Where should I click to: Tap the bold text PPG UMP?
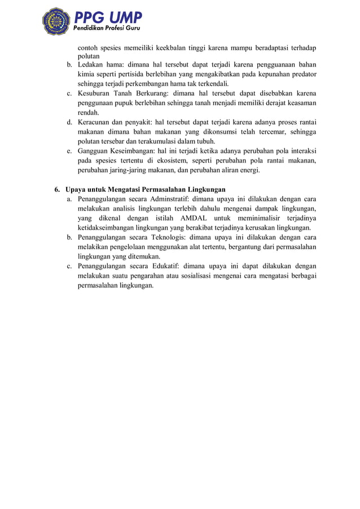click(108, 16)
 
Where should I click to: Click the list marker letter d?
click(68, 122)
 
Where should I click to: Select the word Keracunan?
click(96, 122)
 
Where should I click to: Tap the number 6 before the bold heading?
click(56, 189)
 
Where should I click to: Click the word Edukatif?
click(168, 266)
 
